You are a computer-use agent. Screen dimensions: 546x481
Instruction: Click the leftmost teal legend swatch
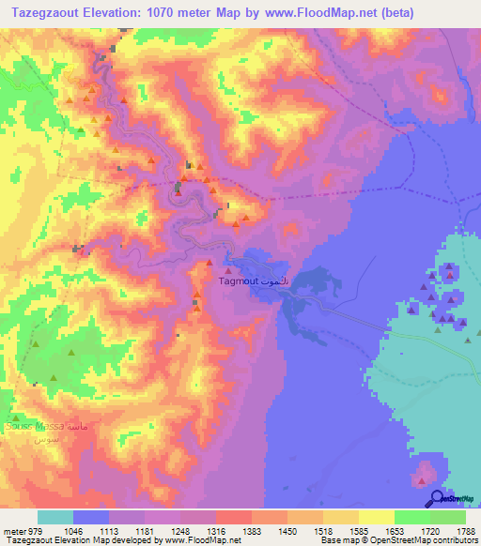[x=55, y=516]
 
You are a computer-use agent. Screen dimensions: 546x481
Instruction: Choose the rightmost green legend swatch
[x=448, y=516]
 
